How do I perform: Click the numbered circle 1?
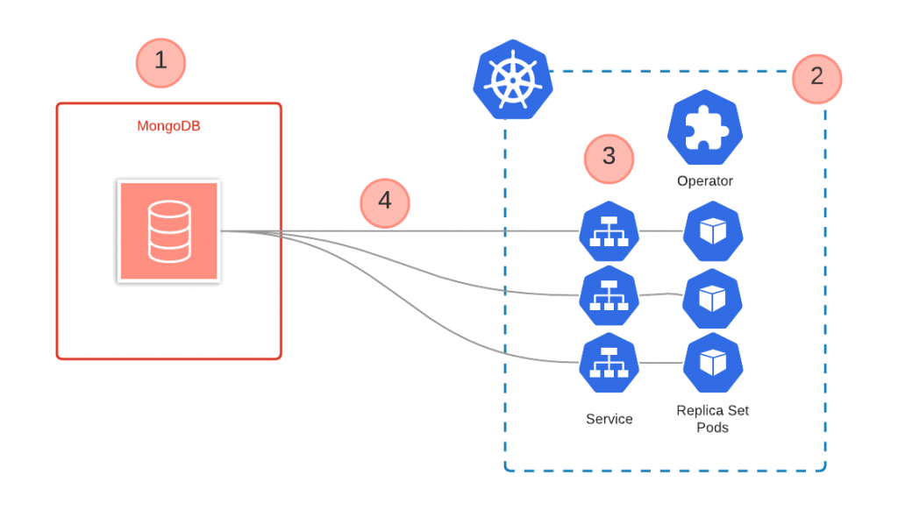(160, 61)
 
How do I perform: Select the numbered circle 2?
(816, 77)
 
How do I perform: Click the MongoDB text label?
(168, 126)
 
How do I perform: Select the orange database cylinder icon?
(168, 231)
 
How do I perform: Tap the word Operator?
(704, 181)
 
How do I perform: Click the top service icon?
(609, 232)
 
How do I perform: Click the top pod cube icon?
(713, 232)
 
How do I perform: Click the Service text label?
(609, 419)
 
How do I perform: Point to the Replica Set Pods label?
(712, 419)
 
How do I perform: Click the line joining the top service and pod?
(660, 232)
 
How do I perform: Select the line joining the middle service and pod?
(660, 296)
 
